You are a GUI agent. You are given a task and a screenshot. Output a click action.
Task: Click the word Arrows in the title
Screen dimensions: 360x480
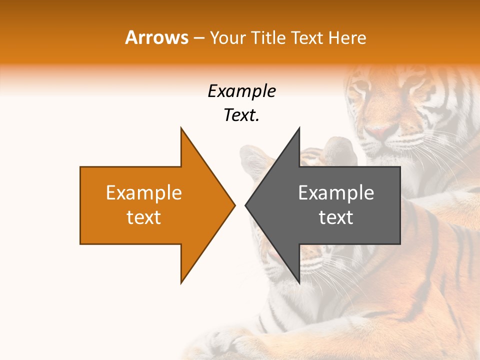[x=157, y=37]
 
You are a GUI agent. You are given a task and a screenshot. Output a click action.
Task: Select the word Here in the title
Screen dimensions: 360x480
[x=348, y=37]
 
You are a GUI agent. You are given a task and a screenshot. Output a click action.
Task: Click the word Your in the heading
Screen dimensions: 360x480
[x=227, y=37]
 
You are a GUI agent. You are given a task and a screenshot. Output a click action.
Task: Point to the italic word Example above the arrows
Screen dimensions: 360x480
[x=241, y=91]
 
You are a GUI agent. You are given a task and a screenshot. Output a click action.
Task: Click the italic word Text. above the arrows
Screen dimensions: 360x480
[x=241, y=115]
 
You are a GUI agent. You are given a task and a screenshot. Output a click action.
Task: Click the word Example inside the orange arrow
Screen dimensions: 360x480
[x=144, y=193]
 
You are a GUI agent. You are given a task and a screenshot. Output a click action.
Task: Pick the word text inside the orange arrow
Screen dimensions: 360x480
[x=144, y=217]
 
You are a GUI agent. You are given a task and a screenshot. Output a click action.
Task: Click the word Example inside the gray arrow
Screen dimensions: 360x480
[x=336, y=193]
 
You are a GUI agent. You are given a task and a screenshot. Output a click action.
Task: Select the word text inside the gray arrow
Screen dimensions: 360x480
[x=336, y=217]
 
